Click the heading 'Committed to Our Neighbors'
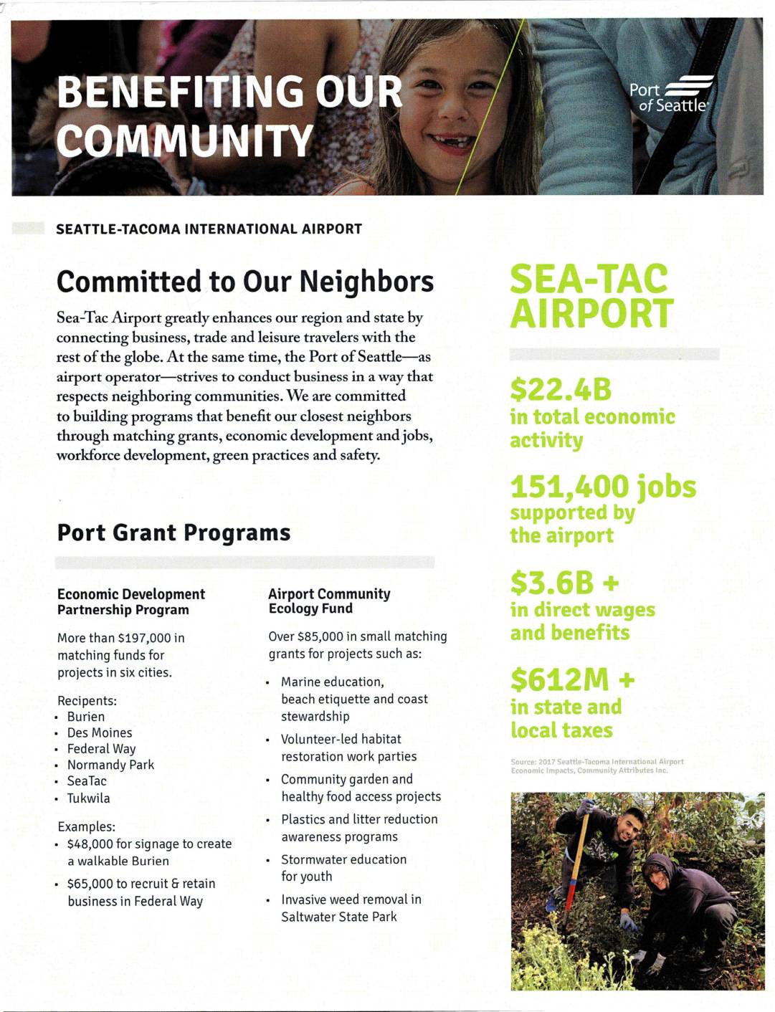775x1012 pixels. point(245,282)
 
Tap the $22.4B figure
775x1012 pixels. point(561,390)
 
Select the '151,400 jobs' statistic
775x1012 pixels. point(603,487)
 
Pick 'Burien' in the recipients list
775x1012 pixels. point(86,717)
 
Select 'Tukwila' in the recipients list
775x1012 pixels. point(89,798)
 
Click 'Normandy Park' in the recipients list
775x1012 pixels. point(110,765)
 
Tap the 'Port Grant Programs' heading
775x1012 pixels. point(174,533)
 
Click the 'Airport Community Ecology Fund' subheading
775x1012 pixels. point(329,601)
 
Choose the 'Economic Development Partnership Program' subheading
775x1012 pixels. point(131,601)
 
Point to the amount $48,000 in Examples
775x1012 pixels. point(89,844)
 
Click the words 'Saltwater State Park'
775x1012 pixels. point(339,917)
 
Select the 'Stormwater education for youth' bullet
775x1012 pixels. point(343,867)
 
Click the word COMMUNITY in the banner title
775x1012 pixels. point(185,140)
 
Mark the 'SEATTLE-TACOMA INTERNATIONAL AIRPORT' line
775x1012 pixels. point(209,229)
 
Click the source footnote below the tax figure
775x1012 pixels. point(596,766)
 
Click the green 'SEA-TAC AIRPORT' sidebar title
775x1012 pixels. point(591,296)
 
